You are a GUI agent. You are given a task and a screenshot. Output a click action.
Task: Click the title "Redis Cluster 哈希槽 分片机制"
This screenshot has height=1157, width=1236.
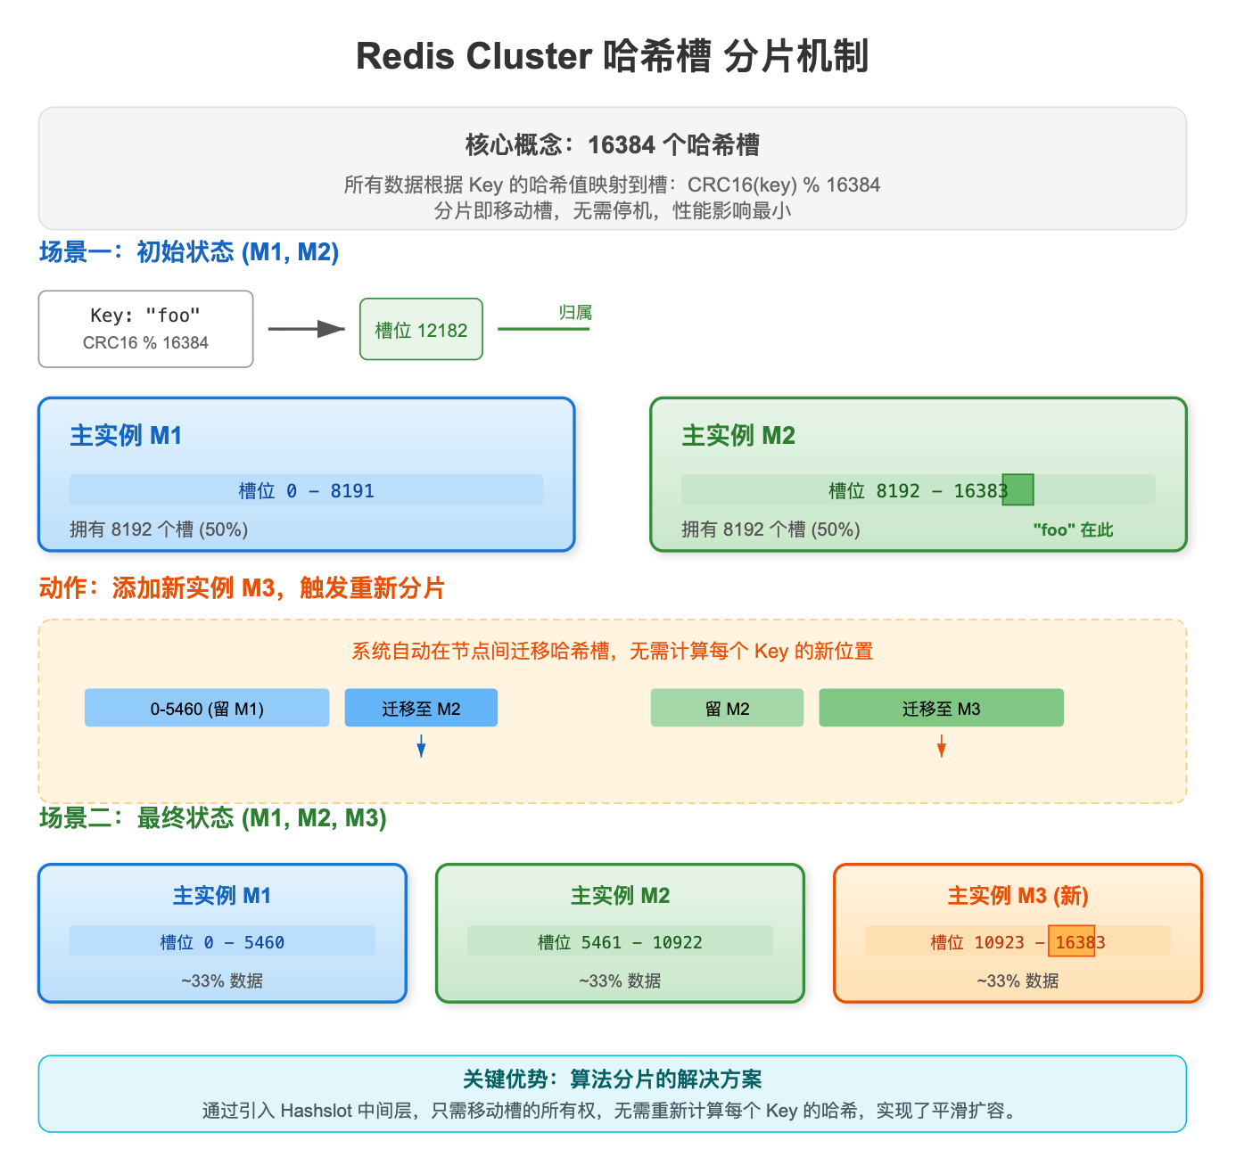tap(612, 56)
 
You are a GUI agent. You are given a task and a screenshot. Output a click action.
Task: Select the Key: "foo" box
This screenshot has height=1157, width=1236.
tap(145, 329)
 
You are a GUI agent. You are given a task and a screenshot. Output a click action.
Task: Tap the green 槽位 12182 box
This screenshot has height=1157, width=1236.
tap(421, 330)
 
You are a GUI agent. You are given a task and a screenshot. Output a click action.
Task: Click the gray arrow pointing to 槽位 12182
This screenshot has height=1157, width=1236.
tap(306, 330)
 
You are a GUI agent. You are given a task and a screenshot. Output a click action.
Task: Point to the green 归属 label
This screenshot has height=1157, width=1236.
tap(575, 313)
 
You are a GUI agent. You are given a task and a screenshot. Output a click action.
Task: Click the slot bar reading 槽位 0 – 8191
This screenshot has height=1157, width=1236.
tap(306, 490)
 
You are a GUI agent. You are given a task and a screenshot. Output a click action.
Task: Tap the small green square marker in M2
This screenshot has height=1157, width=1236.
tap(1018, 490)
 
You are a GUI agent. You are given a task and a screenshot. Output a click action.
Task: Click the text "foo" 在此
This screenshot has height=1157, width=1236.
tap(1073, 529)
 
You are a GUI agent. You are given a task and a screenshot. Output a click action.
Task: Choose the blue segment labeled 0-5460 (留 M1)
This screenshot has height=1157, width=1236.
tap(207, 708)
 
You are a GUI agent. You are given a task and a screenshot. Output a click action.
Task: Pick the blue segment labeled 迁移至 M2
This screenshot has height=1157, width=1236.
tap(421, 708)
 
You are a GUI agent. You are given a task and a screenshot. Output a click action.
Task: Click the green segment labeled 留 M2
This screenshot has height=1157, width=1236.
tap(727, 708)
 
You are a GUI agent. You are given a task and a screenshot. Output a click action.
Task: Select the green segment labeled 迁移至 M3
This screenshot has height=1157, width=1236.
tap(941, 708)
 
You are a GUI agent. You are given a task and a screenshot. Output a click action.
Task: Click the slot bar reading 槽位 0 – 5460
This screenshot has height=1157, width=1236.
tap(222, 942)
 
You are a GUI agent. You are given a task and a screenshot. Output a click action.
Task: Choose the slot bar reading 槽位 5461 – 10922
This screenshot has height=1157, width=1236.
tap(620, 942)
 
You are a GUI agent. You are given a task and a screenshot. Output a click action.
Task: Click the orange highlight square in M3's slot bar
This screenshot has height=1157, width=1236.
tap(1071, 941)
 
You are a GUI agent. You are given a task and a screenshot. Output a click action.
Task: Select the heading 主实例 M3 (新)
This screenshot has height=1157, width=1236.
tap(1018, 895)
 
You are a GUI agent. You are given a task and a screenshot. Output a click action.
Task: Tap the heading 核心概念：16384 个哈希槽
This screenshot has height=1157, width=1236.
tap(612, 144)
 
